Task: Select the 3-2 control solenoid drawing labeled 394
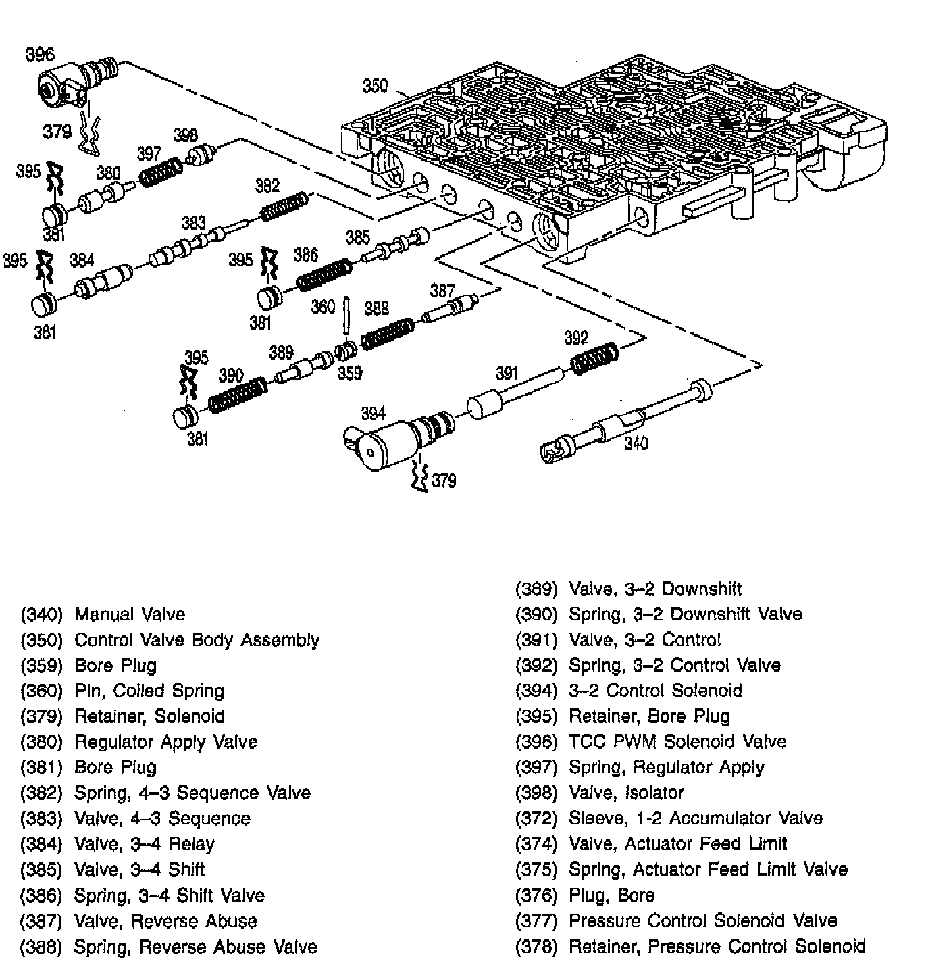click(392, 443)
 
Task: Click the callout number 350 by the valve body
click(376, 86)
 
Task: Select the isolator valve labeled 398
click(201, 155)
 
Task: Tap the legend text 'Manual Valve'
click(130, 614)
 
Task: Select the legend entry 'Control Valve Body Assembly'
click(197, 640)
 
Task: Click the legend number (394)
click(536, 691)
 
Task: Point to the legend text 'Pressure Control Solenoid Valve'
click(702, 920)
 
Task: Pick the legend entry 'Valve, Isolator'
click(626, 793)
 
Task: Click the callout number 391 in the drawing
click(507, 373)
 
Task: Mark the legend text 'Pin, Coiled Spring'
click(149, 691)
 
